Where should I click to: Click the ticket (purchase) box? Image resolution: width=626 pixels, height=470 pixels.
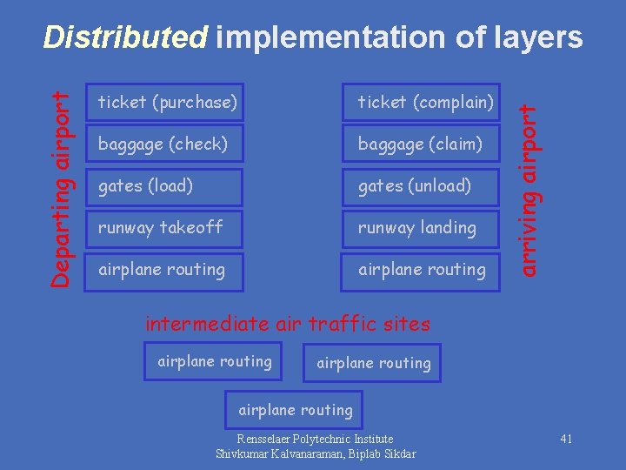click(167, 102)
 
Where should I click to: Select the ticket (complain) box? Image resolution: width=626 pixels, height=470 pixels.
click(426, 102)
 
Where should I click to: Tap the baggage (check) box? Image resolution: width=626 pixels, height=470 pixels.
click(163, 144)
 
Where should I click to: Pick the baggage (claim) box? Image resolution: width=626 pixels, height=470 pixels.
click(420, 144)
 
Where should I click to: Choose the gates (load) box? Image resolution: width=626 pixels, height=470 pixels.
click(145, 185)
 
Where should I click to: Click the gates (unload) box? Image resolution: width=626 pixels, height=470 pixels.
click(415, 185)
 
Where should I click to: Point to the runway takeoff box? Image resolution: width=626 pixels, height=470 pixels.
click(160, 227)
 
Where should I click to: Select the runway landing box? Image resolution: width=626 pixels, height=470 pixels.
click(417, 227)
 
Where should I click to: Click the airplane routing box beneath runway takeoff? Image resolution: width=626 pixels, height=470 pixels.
click(162, 269)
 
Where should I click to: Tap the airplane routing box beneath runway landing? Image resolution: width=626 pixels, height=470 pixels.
click(422, 269)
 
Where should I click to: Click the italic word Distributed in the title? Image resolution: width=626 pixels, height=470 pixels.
click(126, 37)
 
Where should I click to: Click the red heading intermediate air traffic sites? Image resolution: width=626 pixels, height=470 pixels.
click(288, 324)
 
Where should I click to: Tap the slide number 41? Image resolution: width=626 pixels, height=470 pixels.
click(566, 439)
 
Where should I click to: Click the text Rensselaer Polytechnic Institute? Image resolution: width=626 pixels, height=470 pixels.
click(315, 439)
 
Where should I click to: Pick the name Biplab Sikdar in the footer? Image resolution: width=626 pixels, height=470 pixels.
click(381, 453)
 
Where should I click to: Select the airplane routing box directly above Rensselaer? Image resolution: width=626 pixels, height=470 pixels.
click(296, 410)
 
